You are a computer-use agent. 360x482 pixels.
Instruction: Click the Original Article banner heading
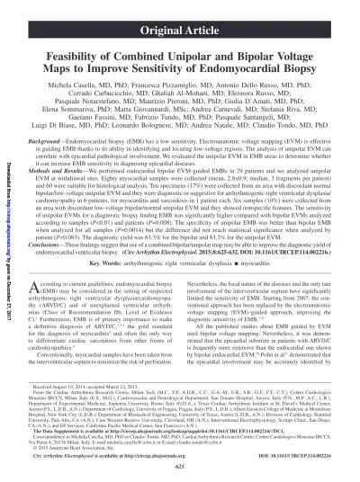point(181,13)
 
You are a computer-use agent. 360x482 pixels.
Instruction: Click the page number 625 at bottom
point(180,473)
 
